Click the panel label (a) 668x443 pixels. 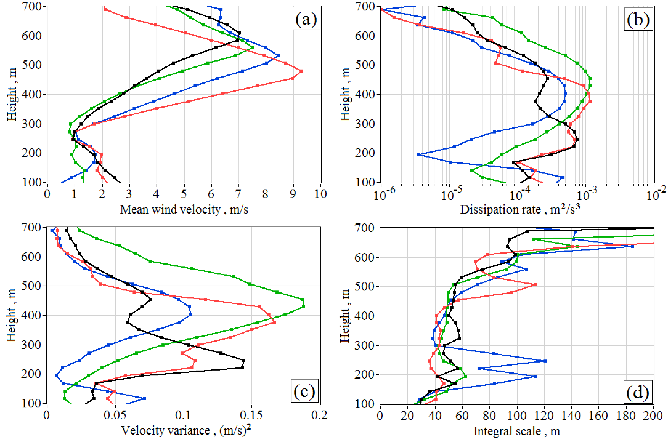click(306, 19)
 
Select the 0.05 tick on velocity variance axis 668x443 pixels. click(115, 415)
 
